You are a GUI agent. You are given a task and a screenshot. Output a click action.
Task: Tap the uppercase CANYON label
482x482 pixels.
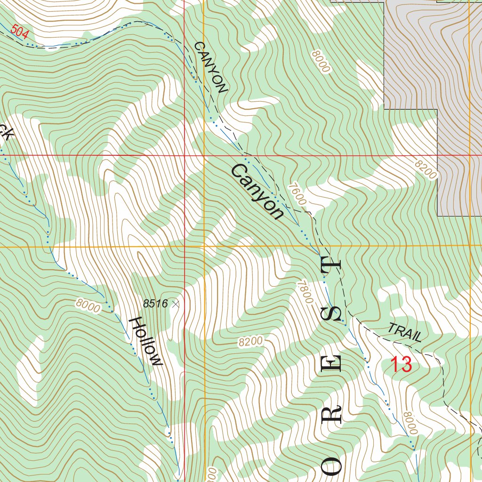[x=210, y=67]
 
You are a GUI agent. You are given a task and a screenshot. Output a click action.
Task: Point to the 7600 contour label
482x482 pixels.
[x=298, y=194]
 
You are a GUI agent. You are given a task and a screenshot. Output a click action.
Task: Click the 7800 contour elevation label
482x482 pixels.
[x=305, y=292]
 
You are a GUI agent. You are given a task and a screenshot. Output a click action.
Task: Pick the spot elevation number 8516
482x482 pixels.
[x=155, y=304]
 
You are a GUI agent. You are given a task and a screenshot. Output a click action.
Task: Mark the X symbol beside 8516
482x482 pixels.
[x=176, y=304]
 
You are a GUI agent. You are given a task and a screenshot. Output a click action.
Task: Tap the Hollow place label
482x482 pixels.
[x=146, y=341]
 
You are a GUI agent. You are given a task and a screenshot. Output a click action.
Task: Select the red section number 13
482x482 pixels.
[x=402, y=365]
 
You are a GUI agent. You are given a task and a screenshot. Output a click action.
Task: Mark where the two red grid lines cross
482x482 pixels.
[x=184, y=155]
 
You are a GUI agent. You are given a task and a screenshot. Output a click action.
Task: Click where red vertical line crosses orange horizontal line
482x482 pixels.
[x=184, y=246]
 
